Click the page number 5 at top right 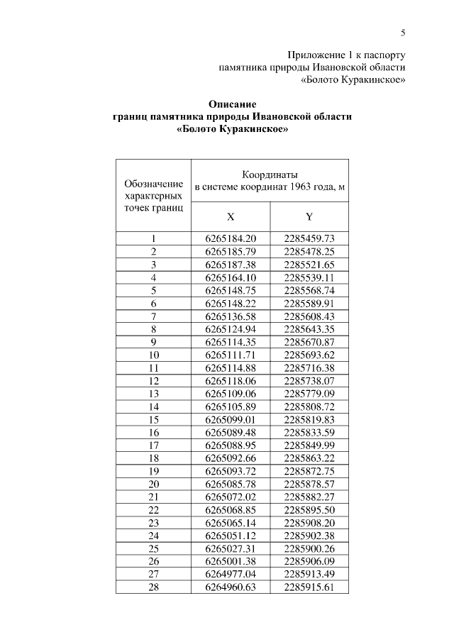click(x=403, y=32)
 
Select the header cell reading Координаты click(x=269, y=174)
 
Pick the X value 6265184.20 click(x=231, y=239)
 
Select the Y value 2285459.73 click(x=309, y=239)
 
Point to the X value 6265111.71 click(x=231, y=353)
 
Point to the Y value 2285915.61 click(x=309, y=587)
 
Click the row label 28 click(x=154, y=587)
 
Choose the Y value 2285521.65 click(x=309, y=264)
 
